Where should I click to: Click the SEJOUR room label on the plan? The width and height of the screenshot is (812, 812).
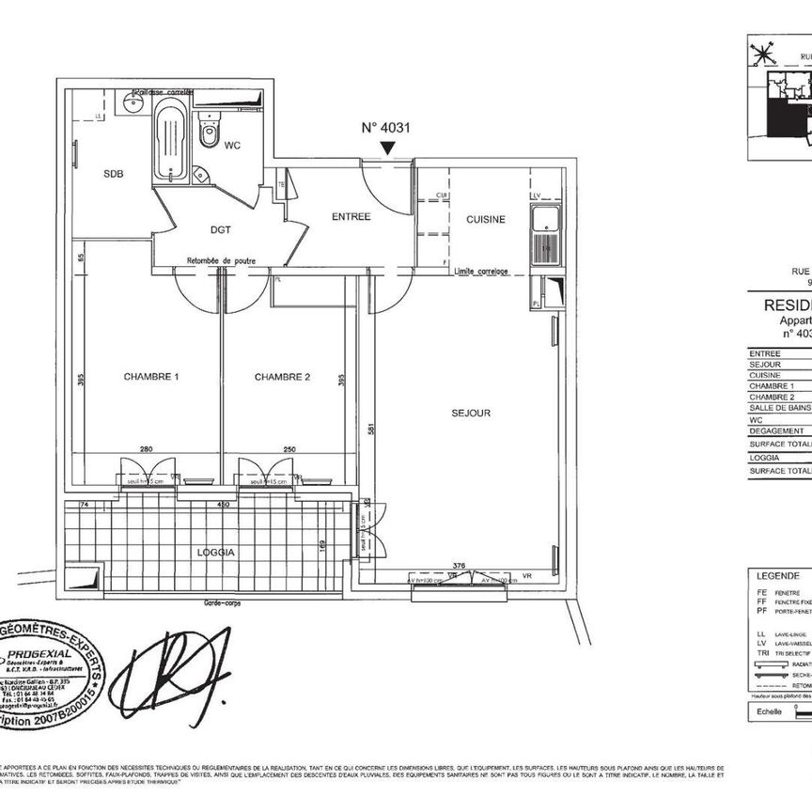(x=471, y=413)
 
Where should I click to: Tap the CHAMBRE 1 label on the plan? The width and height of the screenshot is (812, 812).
(x=151, y=377)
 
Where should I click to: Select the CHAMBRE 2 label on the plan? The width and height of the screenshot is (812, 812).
(x=282, y=377)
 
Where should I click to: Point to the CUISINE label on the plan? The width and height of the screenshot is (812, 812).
(x=486, y=219)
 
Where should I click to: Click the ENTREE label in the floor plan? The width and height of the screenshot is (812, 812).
(x=351, y=216)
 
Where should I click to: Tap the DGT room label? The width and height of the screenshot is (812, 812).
(x=221, y=229)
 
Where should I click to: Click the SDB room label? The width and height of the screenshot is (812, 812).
(x=113, y=174)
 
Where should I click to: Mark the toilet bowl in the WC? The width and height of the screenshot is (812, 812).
(x=209, y=133)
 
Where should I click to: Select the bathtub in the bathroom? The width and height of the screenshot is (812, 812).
(x=170, y=143)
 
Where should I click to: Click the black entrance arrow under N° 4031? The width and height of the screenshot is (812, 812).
(x=386, y=148)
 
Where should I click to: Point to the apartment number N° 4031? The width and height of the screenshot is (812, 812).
(x=386, y=128)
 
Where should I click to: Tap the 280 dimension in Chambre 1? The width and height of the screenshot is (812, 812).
(x=147, y=450)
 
